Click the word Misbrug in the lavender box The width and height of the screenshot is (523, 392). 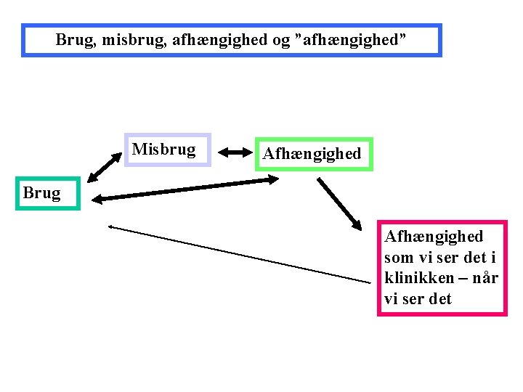(163, 150)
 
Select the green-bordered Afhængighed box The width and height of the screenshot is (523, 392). (313, 154)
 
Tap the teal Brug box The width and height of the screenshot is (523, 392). (42, 193)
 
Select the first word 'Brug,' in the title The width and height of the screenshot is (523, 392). (76, 40)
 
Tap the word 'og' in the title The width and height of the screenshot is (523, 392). (282, 40)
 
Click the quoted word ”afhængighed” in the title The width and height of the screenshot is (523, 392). (347, 40)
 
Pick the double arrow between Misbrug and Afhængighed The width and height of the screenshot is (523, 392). (234, 152)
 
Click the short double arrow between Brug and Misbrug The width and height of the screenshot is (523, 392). (103, 167)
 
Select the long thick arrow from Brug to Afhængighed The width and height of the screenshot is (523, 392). (185, 189)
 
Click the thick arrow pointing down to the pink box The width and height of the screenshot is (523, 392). (340, 203)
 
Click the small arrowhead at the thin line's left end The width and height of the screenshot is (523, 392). (111, 226)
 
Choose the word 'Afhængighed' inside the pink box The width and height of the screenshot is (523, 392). (434, 237)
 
